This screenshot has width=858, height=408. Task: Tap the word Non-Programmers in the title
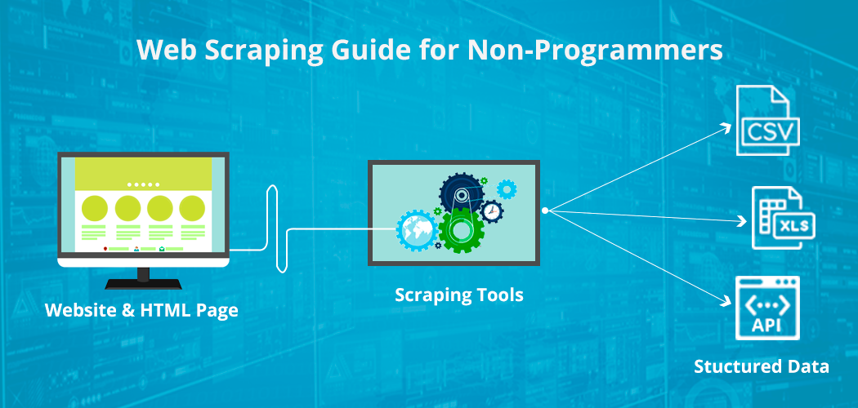(x=595, y=51)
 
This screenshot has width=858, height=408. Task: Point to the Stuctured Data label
(x=762, y=366)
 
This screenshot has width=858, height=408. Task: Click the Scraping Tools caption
(x=458, y=295)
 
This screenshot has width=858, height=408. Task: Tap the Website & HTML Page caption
(x=141, y=310)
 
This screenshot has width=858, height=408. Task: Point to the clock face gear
(x=491, y=211)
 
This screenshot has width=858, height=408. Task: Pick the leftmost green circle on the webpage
(x=96, y=207)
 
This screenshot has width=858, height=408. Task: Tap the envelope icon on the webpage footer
(x=162, y=248)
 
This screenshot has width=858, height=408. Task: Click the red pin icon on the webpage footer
(x=106, y=248)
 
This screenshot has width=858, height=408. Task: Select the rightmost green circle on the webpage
(x=192, y=207)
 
